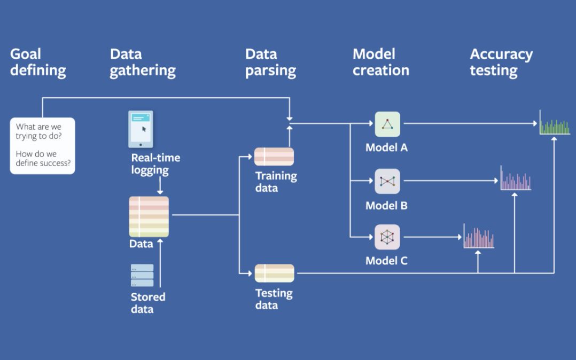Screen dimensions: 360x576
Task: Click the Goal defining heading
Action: coord(38,62)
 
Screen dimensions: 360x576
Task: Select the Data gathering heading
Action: coord(143,62)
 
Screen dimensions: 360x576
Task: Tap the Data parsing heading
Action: coord(270,62)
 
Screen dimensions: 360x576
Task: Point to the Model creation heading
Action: coord(381,62)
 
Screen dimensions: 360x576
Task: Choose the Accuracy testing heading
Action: coord(501,62)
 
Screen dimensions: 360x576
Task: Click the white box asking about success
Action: coord(43,146)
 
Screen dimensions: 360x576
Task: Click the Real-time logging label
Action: coord(155,164)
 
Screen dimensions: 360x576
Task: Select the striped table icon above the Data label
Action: coord(149,216)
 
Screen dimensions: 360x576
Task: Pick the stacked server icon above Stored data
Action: coord(142,276)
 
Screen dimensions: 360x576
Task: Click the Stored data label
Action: coord(148,303)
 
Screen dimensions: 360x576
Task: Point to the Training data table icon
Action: coord(274,156)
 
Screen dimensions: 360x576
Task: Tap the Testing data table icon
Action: coord(274,273)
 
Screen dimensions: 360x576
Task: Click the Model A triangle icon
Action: coord(387,124)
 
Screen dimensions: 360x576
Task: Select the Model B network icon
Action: coord(387,182)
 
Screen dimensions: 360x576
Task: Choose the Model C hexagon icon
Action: coord(387,237)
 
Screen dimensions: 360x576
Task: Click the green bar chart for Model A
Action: coord(555,123)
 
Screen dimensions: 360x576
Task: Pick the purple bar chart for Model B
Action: coord(516,179)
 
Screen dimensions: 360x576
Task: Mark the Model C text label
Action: coord(386,261)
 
